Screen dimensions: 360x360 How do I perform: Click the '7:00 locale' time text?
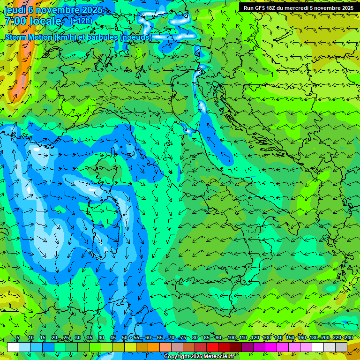coord(33,21)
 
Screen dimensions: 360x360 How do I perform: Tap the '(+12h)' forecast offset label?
coord(82,21)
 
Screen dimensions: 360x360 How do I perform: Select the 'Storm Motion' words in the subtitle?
coord(29,37)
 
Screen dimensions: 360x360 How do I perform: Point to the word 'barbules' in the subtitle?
coord(102,37)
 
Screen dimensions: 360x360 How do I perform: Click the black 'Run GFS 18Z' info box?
coord(299,8)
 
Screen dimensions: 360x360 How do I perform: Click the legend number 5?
coord(18,338)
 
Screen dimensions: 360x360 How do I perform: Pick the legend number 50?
coord(124,338)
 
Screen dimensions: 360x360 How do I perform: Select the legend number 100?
coord(232,338)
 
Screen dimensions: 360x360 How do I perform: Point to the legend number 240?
coord(349,338)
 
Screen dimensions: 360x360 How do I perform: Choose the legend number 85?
coord(207,338)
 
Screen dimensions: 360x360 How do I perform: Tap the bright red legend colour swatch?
coord(212,347)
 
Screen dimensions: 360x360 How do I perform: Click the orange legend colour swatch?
coord(154,347)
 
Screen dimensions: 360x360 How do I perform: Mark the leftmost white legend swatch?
coord(13,347)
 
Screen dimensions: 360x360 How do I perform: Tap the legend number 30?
coord(77,338)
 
